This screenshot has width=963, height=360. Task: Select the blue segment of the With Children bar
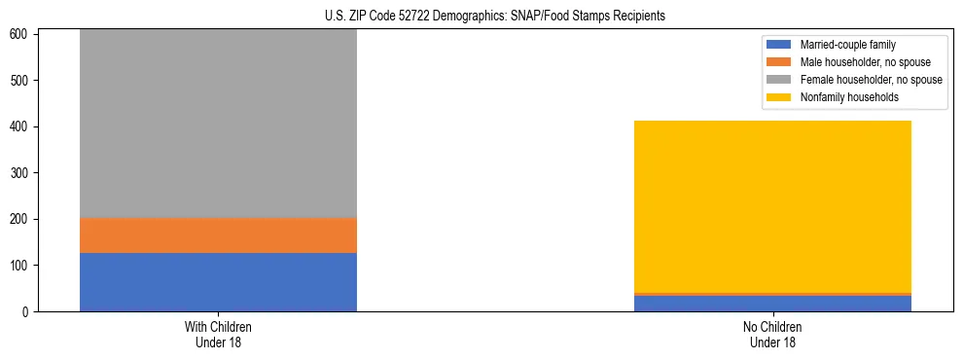(x=218, y=282)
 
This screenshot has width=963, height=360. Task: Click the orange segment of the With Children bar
(x=218, y=235)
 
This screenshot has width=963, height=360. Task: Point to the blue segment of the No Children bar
(x=772, y=304)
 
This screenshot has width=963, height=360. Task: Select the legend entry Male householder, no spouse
(x=865, y=62)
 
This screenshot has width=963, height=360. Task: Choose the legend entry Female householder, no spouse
(x=871, y=80)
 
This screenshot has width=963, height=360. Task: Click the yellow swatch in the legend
(x=779, y=97)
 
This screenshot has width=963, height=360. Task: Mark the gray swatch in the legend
(x=779, y=80)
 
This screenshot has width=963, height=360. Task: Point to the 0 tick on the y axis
(x=28, y=312)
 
